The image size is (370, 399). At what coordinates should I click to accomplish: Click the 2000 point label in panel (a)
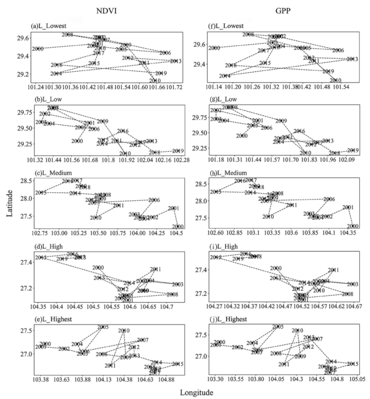tap(37, 49)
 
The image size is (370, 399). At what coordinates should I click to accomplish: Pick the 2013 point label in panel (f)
tap(352, 59)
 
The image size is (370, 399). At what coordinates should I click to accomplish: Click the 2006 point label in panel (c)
tap(154, 200)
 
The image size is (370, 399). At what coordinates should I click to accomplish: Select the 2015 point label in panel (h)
tap(216, 192)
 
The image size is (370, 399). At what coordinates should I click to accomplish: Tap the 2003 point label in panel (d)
tap(178, 285)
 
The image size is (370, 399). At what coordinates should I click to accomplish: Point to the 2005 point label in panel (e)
tap(103, 328)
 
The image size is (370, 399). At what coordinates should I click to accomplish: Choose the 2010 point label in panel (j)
tap(297, 331)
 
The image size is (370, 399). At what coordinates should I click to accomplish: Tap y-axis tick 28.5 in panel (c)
tap(25, 181)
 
